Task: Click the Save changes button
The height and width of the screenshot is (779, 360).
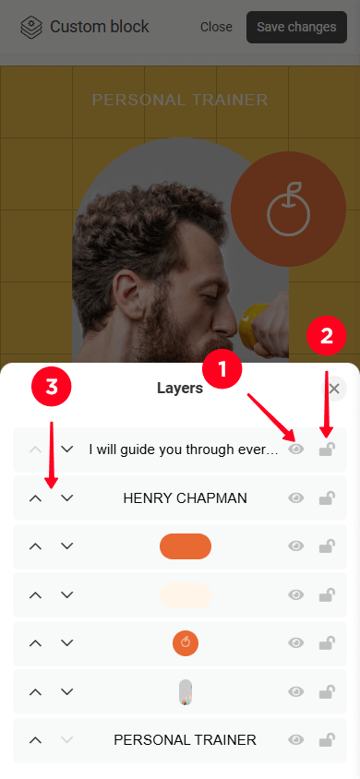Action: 296,27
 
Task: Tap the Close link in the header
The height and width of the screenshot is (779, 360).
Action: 216,27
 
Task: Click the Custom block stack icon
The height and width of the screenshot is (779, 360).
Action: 31,28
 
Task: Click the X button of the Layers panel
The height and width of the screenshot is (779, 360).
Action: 334,389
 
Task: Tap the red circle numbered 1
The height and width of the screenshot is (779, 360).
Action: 222,369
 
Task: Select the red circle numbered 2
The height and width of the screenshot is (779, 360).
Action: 326,336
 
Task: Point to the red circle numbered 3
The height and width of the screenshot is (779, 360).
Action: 52,388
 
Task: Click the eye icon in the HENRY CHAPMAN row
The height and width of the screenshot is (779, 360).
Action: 296,497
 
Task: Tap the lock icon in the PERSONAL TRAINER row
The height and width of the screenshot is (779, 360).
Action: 327,739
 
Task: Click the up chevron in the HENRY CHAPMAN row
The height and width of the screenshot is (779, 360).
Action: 35,498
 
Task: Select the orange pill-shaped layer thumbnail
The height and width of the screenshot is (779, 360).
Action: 186,546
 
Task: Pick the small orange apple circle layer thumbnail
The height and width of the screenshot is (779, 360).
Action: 186,643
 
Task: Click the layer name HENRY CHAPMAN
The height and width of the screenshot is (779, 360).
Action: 186,498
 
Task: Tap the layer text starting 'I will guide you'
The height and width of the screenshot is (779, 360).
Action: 183,449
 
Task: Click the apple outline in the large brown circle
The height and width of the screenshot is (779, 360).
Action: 289,210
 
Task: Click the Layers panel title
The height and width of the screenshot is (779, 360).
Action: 180,388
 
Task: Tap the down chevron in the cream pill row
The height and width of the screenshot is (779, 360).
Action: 67,594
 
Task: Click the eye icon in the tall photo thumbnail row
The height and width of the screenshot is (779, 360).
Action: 296,691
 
